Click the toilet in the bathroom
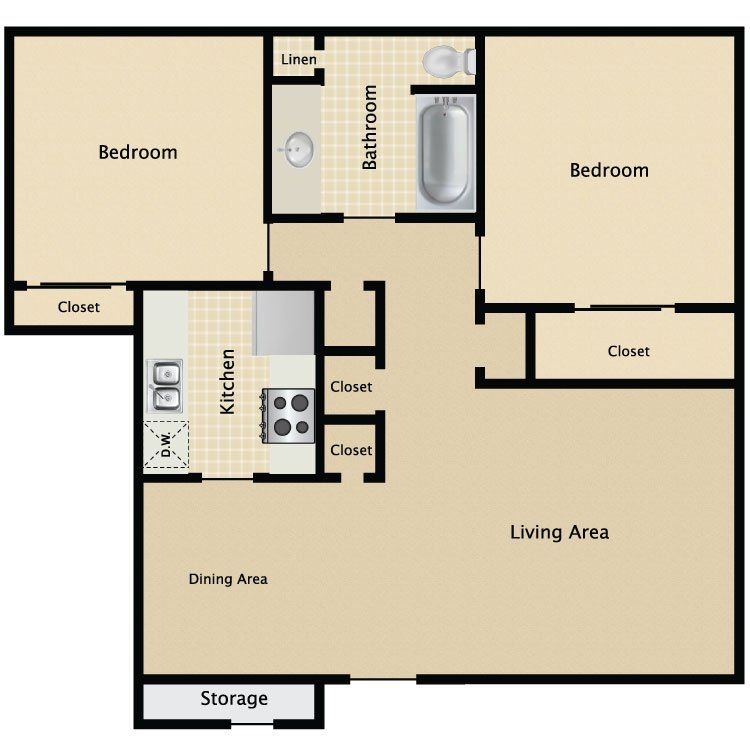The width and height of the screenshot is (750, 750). (x=449, y=61)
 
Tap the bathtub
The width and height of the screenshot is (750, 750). (x=445, y=152)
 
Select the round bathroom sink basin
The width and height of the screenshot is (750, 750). (x=298, y=149)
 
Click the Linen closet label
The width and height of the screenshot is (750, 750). (x=298, y=60)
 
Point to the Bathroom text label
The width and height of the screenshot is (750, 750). (x=369, y=127)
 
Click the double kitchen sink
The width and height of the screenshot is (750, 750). (x=165, y=386)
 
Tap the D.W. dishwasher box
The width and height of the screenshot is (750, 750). (x=166, y=444)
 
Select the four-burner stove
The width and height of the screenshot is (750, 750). (x=288, y=416)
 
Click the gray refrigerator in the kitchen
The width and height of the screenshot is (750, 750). (x=285, y=323)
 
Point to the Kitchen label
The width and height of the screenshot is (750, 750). (x=227, y=381)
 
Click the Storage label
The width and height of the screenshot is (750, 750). (x=234, y=699)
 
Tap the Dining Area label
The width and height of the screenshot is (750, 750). (x=228, y=579)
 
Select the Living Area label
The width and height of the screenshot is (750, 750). (x=559, y=532)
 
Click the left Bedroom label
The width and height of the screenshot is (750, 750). (x=138, y=153)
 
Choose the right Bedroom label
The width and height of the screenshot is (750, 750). (x=609, y=170)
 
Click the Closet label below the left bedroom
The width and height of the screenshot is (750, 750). (x=78, y=307)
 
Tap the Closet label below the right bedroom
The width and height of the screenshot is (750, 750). (x=629, y=352)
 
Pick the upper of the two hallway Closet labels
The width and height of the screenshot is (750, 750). (x=351, y=386)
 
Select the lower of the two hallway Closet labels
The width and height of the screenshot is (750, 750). (x=351, y=450)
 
